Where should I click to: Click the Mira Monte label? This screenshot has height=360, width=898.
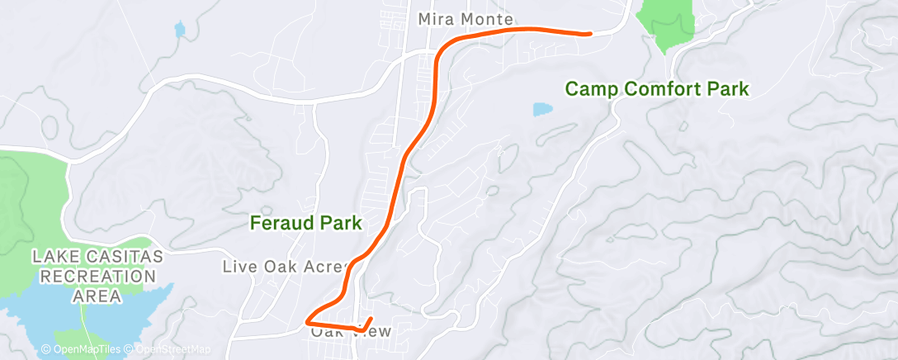point(466,18)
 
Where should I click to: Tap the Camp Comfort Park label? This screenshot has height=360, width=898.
point(656,88)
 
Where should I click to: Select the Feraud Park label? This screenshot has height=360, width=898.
point(306,222)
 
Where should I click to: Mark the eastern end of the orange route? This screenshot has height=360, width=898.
point(589,34)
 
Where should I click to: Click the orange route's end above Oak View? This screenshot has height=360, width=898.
point(371,319)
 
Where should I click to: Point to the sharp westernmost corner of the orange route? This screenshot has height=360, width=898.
point(307,320)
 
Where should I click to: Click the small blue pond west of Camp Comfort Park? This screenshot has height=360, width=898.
point(542,109)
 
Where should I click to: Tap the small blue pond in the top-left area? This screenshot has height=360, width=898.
point(180,30)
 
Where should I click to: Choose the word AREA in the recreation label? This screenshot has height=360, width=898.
point(97,295)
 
